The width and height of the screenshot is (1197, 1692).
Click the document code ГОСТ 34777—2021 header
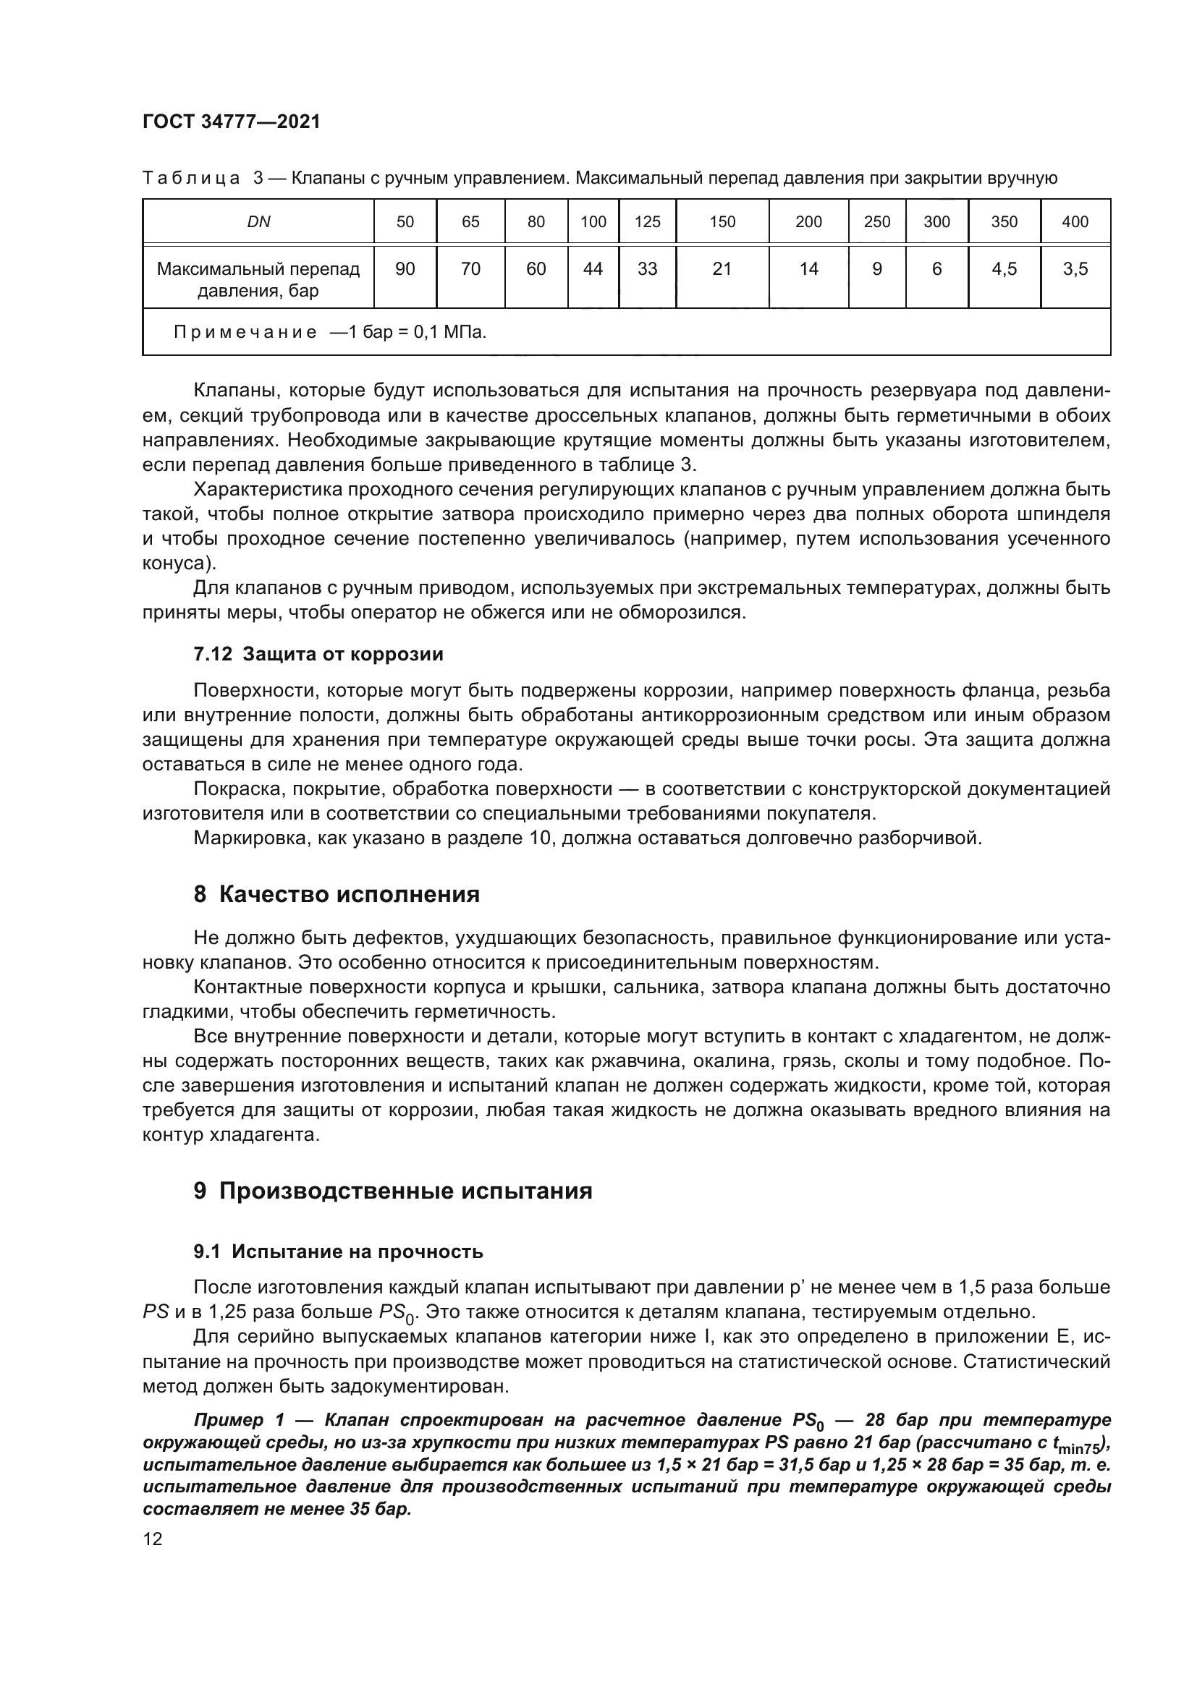[232, 122]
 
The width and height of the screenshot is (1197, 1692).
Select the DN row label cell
[258, 222]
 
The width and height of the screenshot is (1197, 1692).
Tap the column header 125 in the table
[647, 222]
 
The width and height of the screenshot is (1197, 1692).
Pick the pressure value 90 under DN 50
[405, 269]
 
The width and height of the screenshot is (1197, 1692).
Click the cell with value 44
[593, 269]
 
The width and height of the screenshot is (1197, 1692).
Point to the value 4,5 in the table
[1004, 269]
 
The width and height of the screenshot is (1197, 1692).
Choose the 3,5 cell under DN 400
[1075, 269]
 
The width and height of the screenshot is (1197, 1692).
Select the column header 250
[876, 222]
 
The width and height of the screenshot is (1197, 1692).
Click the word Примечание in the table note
[245, 332]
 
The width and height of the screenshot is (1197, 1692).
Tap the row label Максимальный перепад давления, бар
[258, 279]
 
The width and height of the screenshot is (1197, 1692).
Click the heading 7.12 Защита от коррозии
[318, 654]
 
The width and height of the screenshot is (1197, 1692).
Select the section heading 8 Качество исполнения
[336, 895]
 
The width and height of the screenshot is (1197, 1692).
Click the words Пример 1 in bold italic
[238, 1420]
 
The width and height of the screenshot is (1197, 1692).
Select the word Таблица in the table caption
[191, 179]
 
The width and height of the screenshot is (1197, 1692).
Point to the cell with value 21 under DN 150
[722, 269]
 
